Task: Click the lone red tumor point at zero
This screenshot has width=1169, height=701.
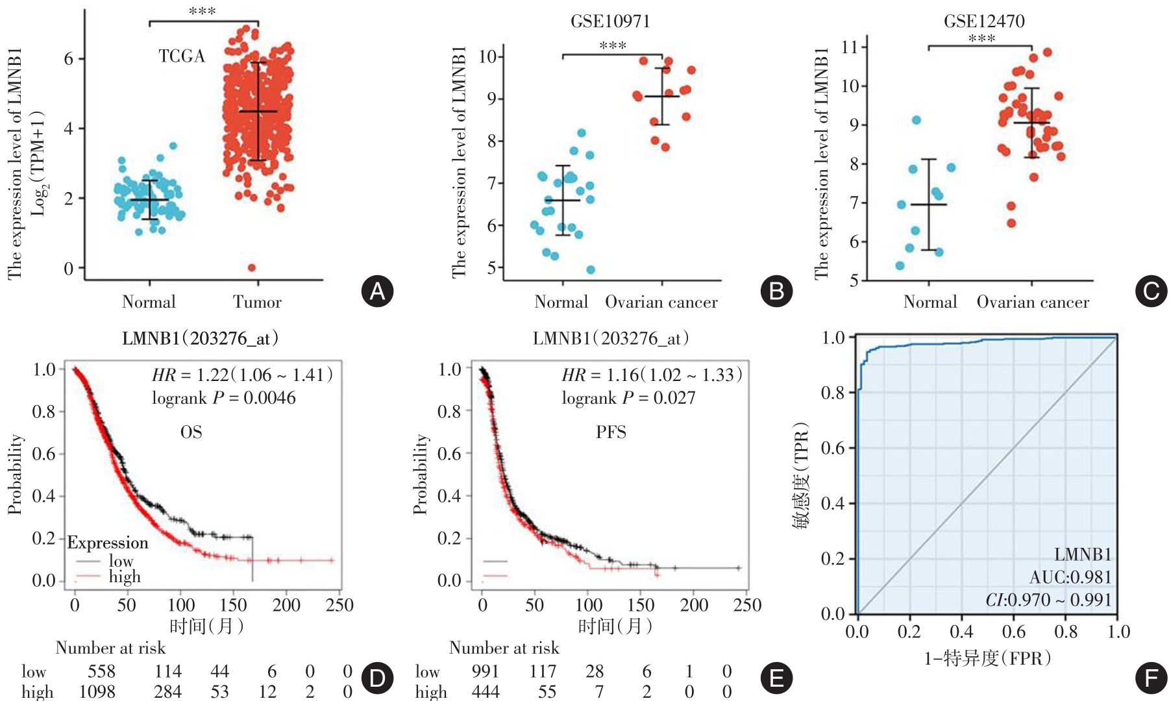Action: (252, 267)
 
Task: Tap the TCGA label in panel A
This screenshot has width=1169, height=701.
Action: (182, 56)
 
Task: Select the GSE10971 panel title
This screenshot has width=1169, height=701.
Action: (610, 21)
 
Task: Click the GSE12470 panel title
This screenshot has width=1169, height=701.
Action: (984, 21)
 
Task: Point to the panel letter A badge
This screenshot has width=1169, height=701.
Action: (377, 291)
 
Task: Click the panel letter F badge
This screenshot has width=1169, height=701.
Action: (1151, 678)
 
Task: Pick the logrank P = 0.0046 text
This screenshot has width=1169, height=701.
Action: (223, 398)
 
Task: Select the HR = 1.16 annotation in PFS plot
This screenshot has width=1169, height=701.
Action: (652, 375)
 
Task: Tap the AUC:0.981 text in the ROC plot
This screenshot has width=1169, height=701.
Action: (1070, 577)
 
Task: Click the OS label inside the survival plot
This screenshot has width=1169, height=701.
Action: (191, 432)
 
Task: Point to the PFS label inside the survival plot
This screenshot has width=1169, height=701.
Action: (611, 432)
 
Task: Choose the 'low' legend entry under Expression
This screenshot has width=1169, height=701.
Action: (121, 561)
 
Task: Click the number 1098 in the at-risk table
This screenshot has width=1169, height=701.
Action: (97, 692)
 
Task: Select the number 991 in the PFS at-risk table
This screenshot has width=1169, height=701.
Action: (486, 671)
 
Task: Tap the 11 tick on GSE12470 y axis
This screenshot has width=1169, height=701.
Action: (850, 47)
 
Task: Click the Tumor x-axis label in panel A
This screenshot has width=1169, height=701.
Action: (257, 302)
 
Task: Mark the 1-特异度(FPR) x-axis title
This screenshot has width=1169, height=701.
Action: (988, 658)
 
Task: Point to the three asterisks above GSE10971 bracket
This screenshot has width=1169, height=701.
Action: (612, 45)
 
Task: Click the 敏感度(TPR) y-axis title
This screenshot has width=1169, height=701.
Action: (801, 475)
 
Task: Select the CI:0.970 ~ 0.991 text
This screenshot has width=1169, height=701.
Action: (1048, 600)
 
